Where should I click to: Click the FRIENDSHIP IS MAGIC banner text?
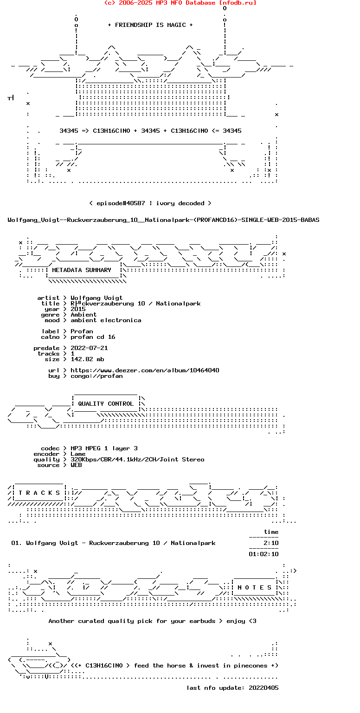[150, 25]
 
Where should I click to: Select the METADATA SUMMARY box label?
[82, 270]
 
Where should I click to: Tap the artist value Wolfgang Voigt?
[96, 298]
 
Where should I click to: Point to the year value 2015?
[78, 309]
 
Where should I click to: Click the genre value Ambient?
[84, 315]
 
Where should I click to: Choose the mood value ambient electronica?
[106, 320]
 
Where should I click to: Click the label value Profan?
[82, 331]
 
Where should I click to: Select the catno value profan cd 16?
[93, 337]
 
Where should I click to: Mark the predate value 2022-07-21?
[89, 348]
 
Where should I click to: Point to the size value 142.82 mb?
[87, 359]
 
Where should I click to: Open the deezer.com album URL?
[145, 370]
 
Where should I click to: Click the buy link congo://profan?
[96, 376]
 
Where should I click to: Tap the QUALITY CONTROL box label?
[106, 404]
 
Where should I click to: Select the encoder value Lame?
[78, 454]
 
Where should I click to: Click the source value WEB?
[76, 465]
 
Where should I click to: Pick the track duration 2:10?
[271, 543]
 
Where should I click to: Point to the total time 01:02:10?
[264, 554]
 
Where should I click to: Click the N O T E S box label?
[255, 588]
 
